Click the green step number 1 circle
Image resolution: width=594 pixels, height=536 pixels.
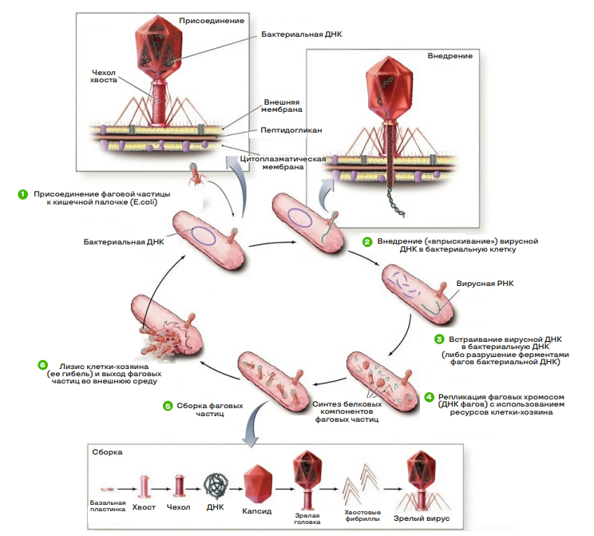[x=23, y=194]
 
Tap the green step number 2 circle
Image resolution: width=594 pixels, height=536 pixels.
[x=366, y=240]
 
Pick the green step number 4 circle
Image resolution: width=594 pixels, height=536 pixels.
[x=429, y=395]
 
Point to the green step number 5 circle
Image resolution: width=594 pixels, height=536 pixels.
[x=167, y=406]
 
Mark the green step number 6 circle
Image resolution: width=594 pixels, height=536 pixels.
[x=42, y=365]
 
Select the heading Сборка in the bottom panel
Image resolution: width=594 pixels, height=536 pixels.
[x=105, y=452]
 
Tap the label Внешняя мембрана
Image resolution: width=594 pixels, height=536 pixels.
[x=282, y=107]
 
